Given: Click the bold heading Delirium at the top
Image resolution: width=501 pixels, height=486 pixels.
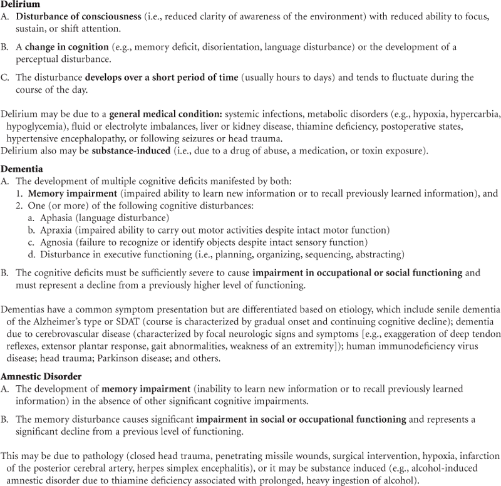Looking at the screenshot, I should (x=20, y=5).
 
